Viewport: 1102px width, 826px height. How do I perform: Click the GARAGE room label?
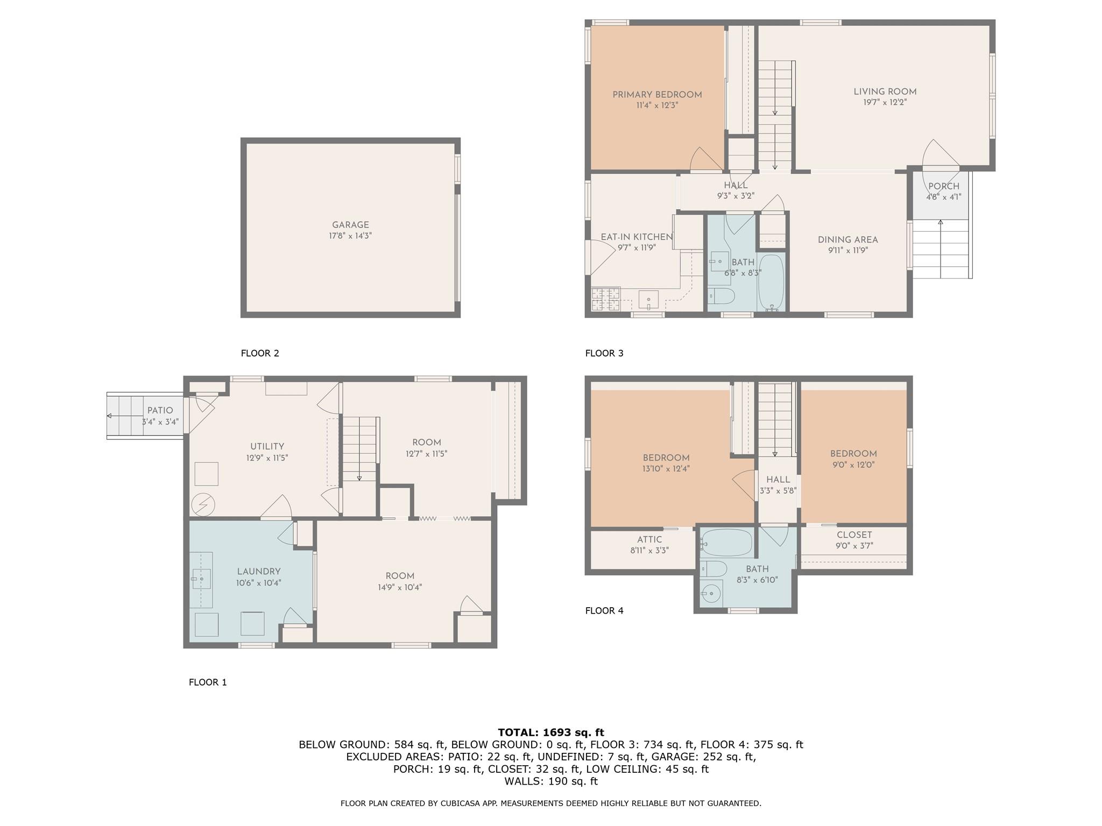[350, 225]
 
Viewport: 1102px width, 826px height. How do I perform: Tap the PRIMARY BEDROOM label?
[657, 95]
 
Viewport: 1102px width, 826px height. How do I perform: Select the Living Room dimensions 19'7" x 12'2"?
[885, 102]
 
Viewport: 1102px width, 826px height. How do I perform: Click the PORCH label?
[944, 187]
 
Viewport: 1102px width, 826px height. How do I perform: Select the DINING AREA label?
[847, 240]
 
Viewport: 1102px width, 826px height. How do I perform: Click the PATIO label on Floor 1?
[160, 410]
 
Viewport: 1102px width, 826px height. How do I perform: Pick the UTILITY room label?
[267, 446]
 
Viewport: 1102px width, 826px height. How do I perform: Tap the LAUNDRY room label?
[259, 572]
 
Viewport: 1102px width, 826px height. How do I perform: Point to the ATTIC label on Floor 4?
[649, 539]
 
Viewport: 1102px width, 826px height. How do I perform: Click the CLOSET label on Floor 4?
[854, 535]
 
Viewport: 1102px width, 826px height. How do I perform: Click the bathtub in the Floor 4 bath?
[726, 543]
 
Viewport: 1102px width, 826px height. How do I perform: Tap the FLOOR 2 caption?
[260, 353]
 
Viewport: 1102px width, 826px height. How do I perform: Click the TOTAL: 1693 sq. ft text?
[550, 732]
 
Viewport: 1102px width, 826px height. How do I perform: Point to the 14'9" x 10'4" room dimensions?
[400, 587]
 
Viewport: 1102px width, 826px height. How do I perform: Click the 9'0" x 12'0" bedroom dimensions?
[853, 465]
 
